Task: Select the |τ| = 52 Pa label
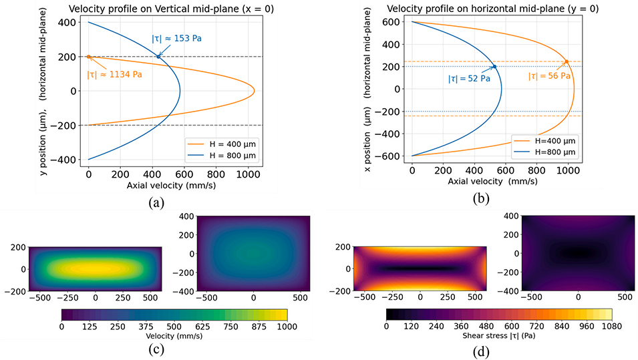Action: [469, 78]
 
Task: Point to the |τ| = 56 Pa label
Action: [550, 76]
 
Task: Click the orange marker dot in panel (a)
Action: [89, 57]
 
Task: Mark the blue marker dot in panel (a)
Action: [158, 57]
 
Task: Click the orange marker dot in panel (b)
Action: [567, 62]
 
